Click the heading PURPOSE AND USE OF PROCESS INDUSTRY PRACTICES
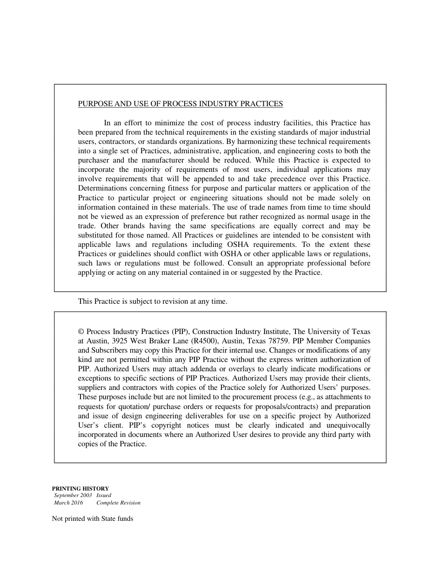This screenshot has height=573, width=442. [x=180, y=104]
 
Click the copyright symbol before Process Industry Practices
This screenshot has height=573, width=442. [x=81, y=332]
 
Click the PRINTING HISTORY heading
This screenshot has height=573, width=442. [x=80, y=489]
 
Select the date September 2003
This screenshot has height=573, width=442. [x=73, y=496]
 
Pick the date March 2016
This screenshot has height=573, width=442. [x=68, y=503]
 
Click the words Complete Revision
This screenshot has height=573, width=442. [x=118, y=503]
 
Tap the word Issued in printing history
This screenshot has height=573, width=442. [x=104, y=496]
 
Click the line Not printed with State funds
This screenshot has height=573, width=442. [x=93, y=519]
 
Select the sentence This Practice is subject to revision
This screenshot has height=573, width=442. [x=153, y=301]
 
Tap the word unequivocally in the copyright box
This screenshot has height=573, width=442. [x=348, y=425]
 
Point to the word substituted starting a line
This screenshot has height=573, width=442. [x=95, y=235]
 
